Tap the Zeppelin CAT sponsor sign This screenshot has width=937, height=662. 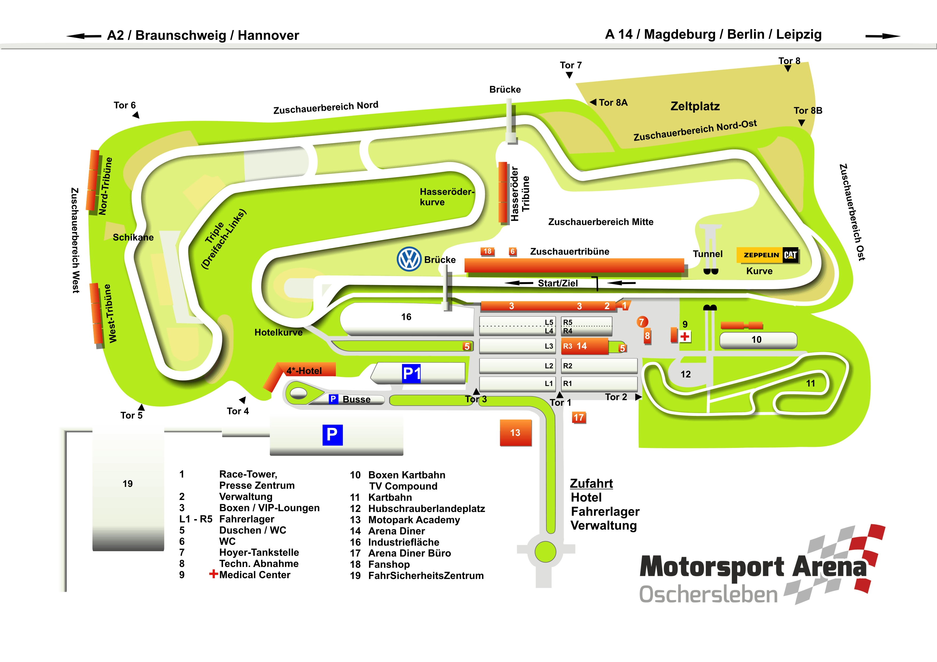(768, 255)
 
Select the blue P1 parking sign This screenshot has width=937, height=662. (411, 373)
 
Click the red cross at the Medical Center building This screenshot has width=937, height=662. (685, 337)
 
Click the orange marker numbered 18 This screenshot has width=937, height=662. (487, 251)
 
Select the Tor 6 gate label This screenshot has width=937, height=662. (125, 105)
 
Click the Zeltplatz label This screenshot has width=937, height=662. (695, 107)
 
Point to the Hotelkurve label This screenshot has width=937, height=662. (278, 332)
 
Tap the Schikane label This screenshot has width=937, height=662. (133, 237)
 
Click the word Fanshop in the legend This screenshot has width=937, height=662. (389, 565)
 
